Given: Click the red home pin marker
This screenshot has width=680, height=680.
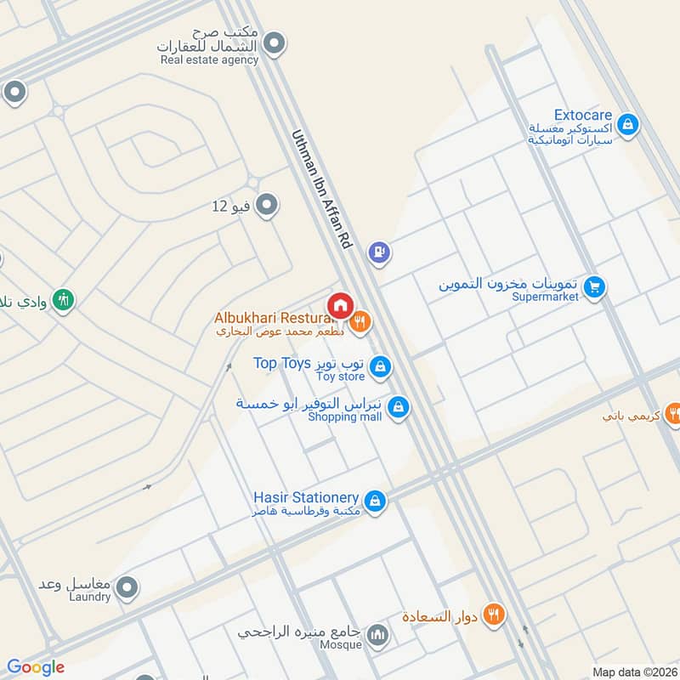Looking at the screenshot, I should (340, 305).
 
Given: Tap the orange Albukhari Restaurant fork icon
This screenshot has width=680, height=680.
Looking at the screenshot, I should (360, 322).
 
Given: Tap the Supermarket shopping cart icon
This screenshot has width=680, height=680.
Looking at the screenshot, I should (595, 286).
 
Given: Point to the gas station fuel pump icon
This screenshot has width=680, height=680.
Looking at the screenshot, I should (379, 252).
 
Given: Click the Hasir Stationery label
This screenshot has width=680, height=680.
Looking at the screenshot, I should (306, 496).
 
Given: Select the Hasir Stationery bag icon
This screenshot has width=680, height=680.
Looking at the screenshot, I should (375, 501).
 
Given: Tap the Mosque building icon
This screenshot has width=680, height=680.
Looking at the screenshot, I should (378, 634).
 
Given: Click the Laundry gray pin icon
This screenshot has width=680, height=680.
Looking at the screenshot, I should (127, 586).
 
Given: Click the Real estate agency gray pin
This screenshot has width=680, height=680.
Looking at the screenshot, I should (274, 42).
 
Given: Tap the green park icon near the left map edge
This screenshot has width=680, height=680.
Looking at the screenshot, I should (63, 299).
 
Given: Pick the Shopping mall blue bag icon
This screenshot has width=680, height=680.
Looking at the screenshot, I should (398, 410).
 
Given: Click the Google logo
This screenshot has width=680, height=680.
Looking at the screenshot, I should (36, 667).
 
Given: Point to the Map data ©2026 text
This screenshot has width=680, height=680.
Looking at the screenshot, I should (633, 672).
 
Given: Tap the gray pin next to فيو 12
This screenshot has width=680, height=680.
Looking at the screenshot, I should (267, 205).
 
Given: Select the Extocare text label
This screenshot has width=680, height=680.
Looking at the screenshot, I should (582, 115).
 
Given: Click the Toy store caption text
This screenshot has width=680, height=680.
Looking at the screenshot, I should (340, 377).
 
